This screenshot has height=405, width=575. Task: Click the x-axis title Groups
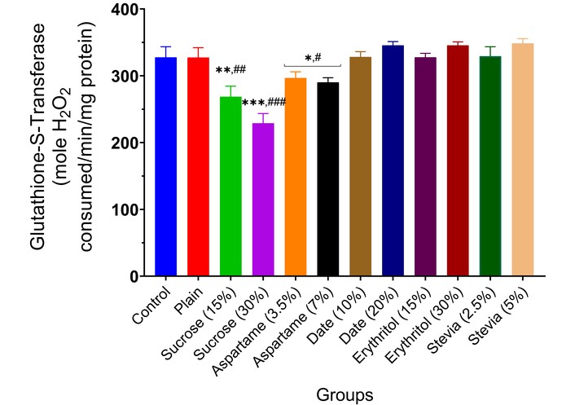point(345,393)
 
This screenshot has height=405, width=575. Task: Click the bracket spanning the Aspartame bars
point(312,65)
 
